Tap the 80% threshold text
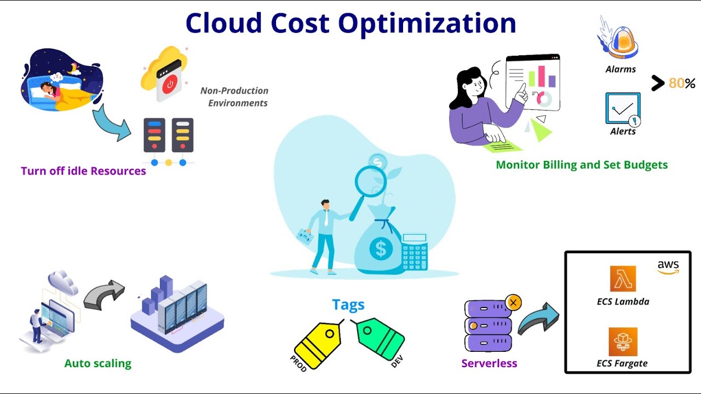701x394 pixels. click(682, 84)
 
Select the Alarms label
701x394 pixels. click(620, 69)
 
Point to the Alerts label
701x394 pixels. click(623, 131)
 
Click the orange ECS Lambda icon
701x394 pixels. click(623, 279)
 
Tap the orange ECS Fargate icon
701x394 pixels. click(623, 341)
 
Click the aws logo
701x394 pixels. click(668, 267)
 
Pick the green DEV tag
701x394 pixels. click(381, 339)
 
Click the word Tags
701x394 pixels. click(348, 305)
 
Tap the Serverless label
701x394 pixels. click(489, 363)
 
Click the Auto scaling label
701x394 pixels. click(98, 363)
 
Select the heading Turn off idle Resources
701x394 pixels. click(83, 171)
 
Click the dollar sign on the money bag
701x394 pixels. click(381, 250)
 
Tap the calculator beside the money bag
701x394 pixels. click(415, 252)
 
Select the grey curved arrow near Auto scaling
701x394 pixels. click(104, 295)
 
